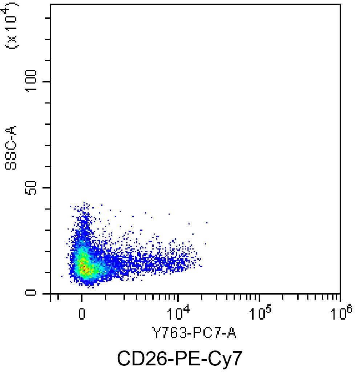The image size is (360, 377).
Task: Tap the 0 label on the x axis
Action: [x=82, y=313]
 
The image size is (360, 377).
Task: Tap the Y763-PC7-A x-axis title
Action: [x=194, y=333]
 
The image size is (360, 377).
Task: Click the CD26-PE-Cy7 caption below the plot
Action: [x=179, y=359]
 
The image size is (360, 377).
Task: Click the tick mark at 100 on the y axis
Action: [x=48, y=81]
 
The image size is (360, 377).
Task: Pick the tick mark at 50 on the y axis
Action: [x=48, y=187]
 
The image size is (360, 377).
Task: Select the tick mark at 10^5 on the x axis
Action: [x=259, y=297]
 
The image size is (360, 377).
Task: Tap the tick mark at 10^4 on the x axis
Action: [x=178, y=297]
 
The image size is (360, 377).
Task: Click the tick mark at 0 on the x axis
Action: [x=82, y=297]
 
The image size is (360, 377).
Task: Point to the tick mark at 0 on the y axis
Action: [x=48, y=293]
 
